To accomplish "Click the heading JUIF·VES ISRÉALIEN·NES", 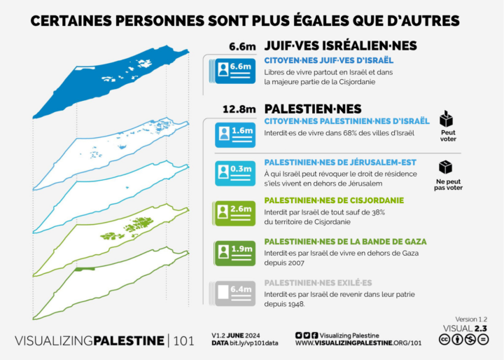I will [340, 46].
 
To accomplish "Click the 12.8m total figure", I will [238, 109].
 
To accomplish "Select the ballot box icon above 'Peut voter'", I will [448, 118].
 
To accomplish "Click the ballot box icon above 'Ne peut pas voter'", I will [448, 167].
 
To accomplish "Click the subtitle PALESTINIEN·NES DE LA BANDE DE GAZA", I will [345, 242].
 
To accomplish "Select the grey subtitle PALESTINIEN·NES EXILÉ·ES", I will [317, 282].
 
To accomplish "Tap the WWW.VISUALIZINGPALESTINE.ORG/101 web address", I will [358, 343].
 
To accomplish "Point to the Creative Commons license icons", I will [463, 340].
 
